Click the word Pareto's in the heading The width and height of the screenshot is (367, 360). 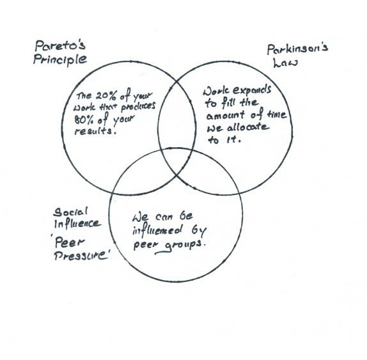tap(60, 45)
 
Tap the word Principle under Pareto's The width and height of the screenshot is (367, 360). tap(60, 60)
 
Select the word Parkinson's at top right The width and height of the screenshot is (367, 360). tap(297, 49)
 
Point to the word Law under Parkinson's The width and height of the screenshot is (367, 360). tap(285, 63)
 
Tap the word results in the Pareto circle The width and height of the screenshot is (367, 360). tap(95, 131)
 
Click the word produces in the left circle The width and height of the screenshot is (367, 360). tap(138, 107)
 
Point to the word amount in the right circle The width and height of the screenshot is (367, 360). tap(225, 115)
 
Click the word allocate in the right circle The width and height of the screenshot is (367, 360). tap(248, 128)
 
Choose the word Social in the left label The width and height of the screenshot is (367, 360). tap(70, 212)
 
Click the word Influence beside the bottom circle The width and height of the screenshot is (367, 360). tap(77, 224)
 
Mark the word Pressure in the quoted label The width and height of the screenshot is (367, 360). tap(81, 256)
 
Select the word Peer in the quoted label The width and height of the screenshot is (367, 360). tap(69, 243)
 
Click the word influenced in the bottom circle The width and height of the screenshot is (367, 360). tap(157, 231)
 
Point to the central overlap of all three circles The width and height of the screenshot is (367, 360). tap(176, 162)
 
